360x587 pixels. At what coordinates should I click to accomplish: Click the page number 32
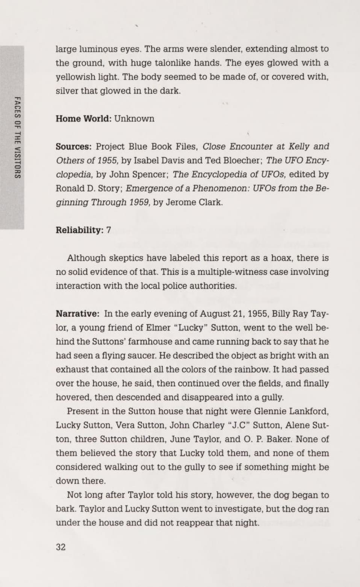pos(61,547)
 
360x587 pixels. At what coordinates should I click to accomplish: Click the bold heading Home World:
pos(83,119)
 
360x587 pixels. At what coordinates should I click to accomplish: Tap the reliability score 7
pos(109,230)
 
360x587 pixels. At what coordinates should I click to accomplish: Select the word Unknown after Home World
pos(134,119)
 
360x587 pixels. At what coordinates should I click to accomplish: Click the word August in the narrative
pos(215,314)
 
